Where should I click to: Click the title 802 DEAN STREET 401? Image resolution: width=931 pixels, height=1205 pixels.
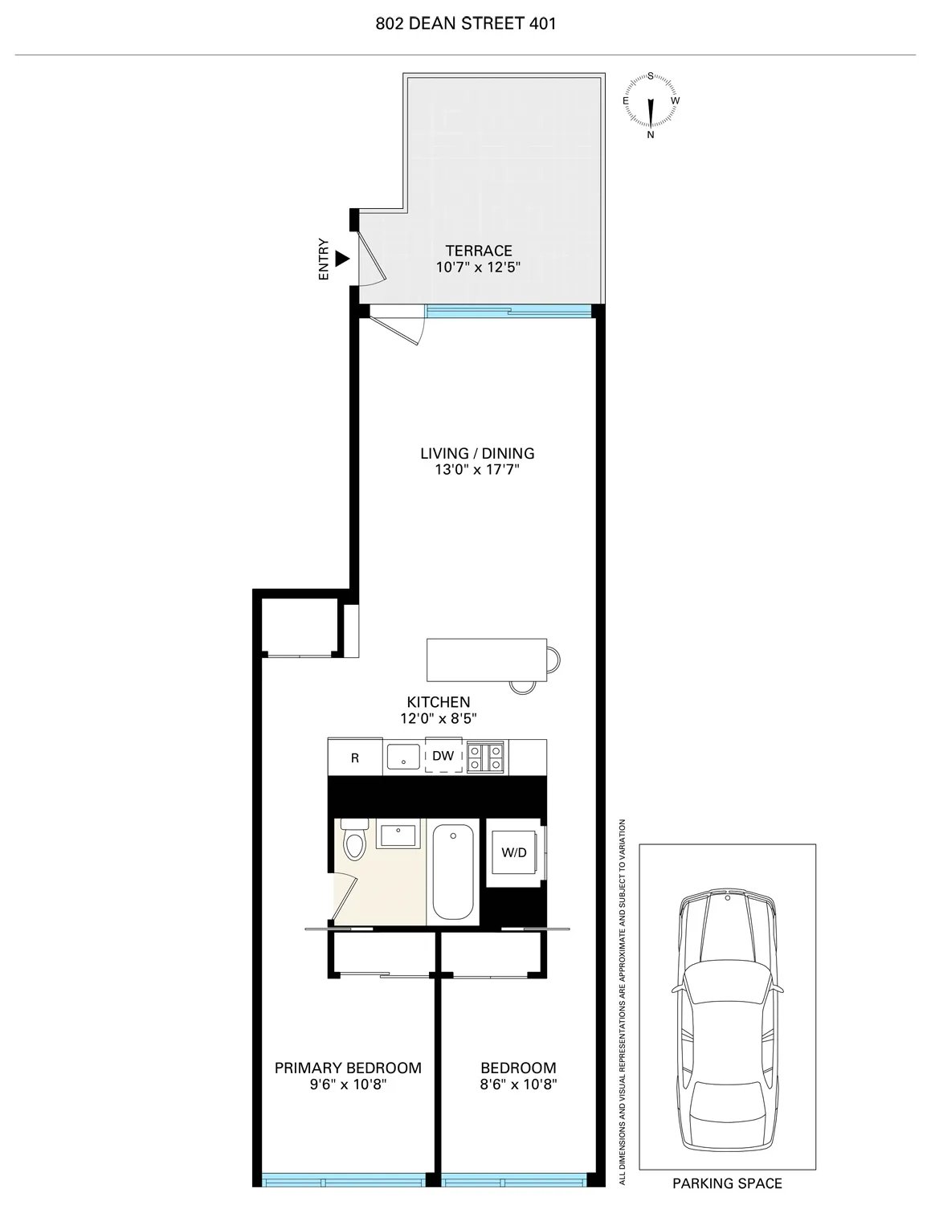(465, 23)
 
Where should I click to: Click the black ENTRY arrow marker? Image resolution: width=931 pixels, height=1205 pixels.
(343, 259)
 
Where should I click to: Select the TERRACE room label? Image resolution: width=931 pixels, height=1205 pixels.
(479, 251)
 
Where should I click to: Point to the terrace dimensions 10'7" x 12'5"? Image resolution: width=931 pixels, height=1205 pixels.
(479, 268)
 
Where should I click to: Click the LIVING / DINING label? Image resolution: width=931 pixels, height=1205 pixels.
(477, 453)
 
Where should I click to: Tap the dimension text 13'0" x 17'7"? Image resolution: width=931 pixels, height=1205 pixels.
(477, 470)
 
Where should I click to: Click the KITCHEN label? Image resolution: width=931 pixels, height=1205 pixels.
(438, 702)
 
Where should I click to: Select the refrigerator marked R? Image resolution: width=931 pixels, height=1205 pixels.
(354, 758)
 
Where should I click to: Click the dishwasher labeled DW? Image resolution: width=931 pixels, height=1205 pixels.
(443, 756)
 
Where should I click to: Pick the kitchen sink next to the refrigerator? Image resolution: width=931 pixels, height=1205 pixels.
(402, 757)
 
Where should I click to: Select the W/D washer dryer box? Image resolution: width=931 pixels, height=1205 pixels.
(514, 852)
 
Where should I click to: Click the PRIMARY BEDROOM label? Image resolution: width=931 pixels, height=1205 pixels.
(348, 1068)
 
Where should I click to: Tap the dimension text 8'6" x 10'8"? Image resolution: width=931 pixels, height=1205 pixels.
(518, 1084)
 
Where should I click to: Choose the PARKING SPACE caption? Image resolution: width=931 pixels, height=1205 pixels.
(727, 1183)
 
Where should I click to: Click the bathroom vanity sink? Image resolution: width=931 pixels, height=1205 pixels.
(398, 835)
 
